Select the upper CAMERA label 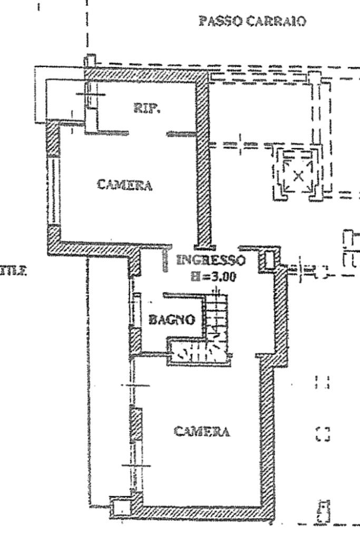125,185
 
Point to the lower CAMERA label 202,431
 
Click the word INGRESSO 211,260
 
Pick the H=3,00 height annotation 212,277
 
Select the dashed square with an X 298,175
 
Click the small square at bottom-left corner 121,508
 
